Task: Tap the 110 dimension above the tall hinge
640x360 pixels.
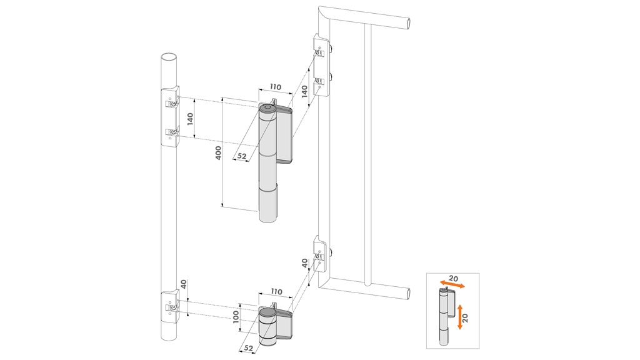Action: point(276,88)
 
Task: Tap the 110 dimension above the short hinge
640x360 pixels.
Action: point(276,292)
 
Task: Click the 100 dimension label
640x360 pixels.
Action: point(236,317)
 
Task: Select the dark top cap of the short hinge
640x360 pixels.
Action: point(267,310)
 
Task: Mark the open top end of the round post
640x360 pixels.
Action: point(167,57)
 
